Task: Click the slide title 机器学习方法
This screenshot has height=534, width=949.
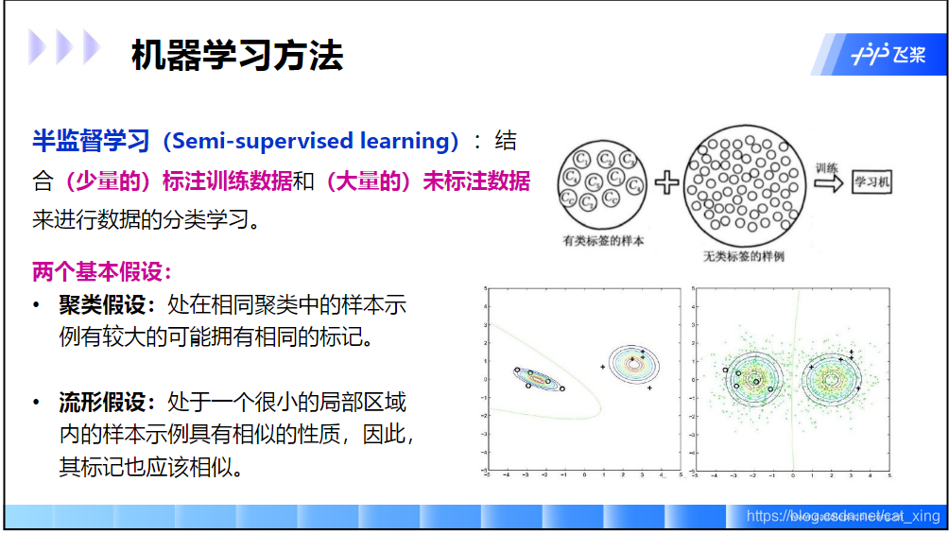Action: click(x=236, y=57)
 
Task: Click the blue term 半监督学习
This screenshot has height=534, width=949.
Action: click(x=91, y=142)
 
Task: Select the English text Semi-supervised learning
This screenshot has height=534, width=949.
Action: click(x=310, y=142)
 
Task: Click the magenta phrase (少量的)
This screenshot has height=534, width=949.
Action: click(x=98, y=181)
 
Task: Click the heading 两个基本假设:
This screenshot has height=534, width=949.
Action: click(x=102, y=272)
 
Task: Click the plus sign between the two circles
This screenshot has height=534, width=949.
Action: click(x=667, y=182)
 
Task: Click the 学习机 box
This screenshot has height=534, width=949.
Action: click(x=871, y=182)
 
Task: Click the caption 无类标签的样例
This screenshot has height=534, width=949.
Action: click(x=744, y=256)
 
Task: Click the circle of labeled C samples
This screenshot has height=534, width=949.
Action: click(x=601, y=180)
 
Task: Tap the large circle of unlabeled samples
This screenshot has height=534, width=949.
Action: click(x=744, y=182)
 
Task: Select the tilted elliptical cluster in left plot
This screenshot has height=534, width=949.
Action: click(x=538, y=378)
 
